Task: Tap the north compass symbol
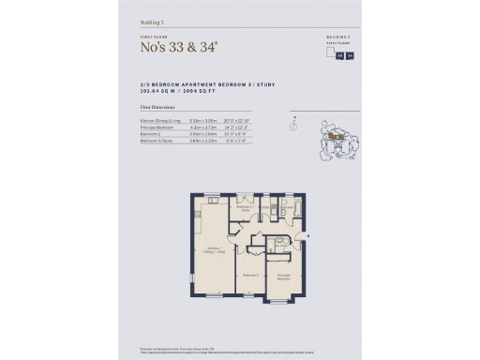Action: tap(295, 119)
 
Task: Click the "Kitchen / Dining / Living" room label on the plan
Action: tap(213, 250)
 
